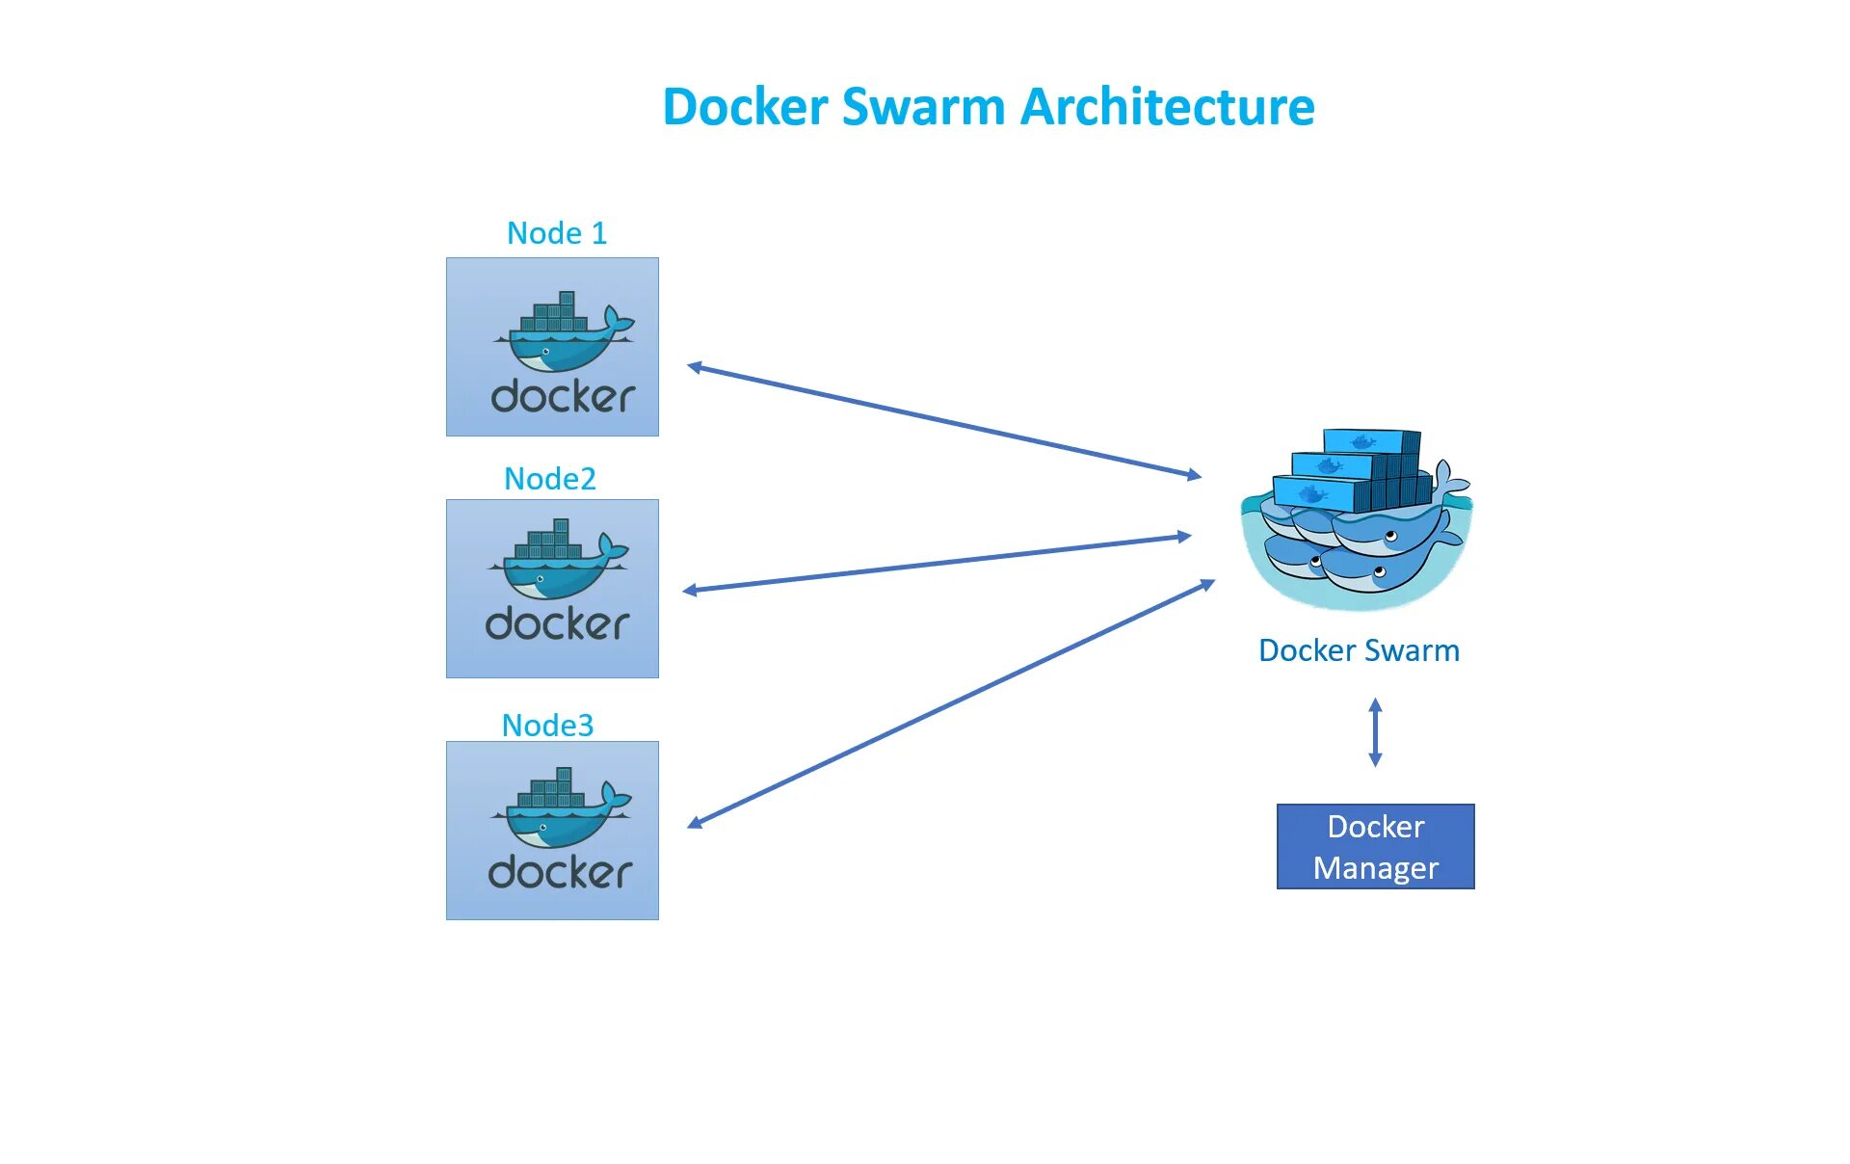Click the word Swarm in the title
point(925,106)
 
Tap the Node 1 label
point(557,233)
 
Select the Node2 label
point(550,479)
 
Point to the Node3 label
point(547,726)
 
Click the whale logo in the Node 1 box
point(564,331)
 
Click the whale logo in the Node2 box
point(558,559)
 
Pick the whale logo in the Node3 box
point(561,807)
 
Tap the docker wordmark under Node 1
point(564,396)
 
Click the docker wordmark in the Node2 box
point(558,623)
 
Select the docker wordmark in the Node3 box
point(561,872)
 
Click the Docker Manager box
point(1376,847)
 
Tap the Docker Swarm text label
point(1360,650)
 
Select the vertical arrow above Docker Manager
point(1376,733)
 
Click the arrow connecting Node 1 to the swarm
point(944,420)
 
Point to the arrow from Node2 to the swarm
point(937,564)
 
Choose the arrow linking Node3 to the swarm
point(952,703)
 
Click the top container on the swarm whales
point(1372,441)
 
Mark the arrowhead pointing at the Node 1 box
point(695,367)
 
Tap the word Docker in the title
point(746,106)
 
